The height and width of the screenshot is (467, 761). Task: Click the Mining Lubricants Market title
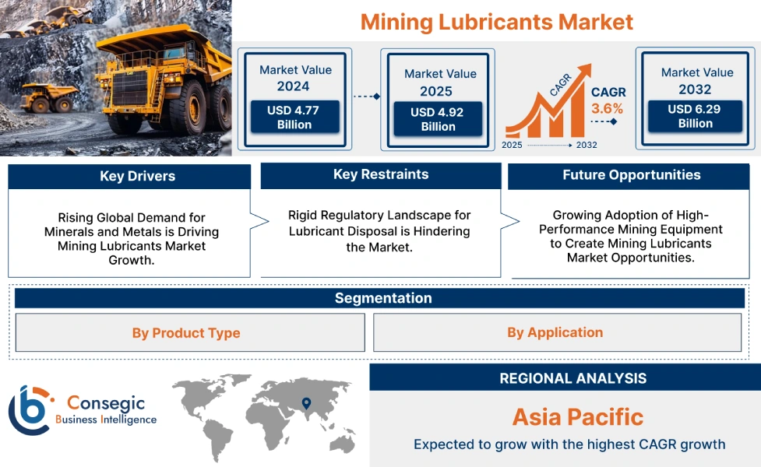[x=496, y=21]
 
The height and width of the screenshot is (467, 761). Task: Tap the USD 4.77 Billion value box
[x=294, y=118]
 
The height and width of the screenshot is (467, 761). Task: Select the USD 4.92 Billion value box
[x=438, y=119]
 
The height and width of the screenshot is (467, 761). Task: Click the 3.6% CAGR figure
[x=608, y=108]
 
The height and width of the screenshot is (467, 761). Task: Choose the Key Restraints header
[x=380, y=174]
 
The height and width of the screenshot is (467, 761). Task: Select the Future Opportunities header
[x=631, y=175]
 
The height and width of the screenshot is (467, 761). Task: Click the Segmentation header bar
[x=382, y=298]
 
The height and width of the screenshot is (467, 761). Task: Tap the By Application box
[x=555, y=332]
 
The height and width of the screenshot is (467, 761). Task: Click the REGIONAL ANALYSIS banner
[x=573, y=378]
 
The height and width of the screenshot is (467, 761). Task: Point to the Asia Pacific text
[x=577, y=416]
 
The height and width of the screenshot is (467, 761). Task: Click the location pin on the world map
[x=306, y=403]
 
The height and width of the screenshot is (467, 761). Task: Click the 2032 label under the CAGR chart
[x=586, y=145]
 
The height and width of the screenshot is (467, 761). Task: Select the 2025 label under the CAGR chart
[x=513, y=145]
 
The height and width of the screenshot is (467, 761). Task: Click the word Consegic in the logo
[x=104, y=402]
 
